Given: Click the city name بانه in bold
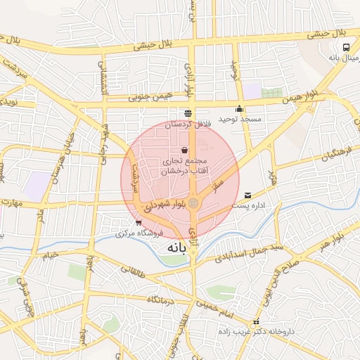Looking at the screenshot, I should pyautogui.click(x=179, y=249).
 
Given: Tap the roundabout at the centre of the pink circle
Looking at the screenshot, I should pyautogui.click(x=193, y=204).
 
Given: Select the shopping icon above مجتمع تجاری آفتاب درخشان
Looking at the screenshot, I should pyautogui.click(x=184, y=150).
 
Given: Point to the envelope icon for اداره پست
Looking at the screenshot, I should pyautogui.click(x=247, y=195).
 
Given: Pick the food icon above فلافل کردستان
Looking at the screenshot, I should pyautogui.click(x=188, y=113).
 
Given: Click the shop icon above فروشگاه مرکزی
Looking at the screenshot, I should pyautogui.click(x=138, y=223).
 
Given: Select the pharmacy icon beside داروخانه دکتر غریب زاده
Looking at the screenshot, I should pyautogui.click(x=256, y=322).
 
